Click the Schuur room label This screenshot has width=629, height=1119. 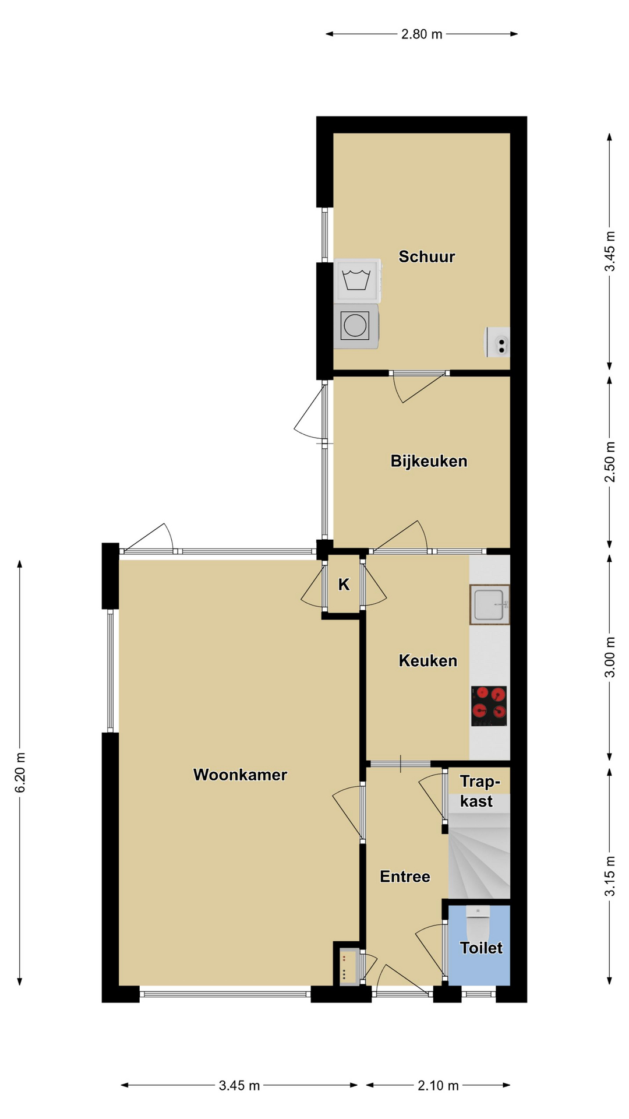point(426,256)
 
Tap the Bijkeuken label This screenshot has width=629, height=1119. point(429,461)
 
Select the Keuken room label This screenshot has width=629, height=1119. point(427,660)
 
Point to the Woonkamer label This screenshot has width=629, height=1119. point(240,775)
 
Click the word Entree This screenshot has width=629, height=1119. point(405,877)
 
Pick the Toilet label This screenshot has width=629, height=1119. point(481,948)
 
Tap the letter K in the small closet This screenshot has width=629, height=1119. point(344,585)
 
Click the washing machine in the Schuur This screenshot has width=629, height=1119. point(358,280)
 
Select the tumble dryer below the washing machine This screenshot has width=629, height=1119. point(356,326)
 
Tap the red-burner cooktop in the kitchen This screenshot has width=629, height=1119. point(489,706)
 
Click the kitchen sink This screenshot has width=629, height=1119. point(490,604)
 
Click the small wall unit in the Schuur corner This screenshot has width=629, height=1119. point(498,342)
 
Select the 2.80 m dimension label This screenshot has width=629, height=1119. point(422,34)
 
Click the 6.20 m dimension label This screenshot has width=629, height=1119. point(20,773)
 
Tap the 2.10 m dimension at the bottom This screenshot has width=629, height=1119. point(438,1085)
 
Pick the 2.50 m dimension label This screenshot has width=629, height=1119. point(610,462)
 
